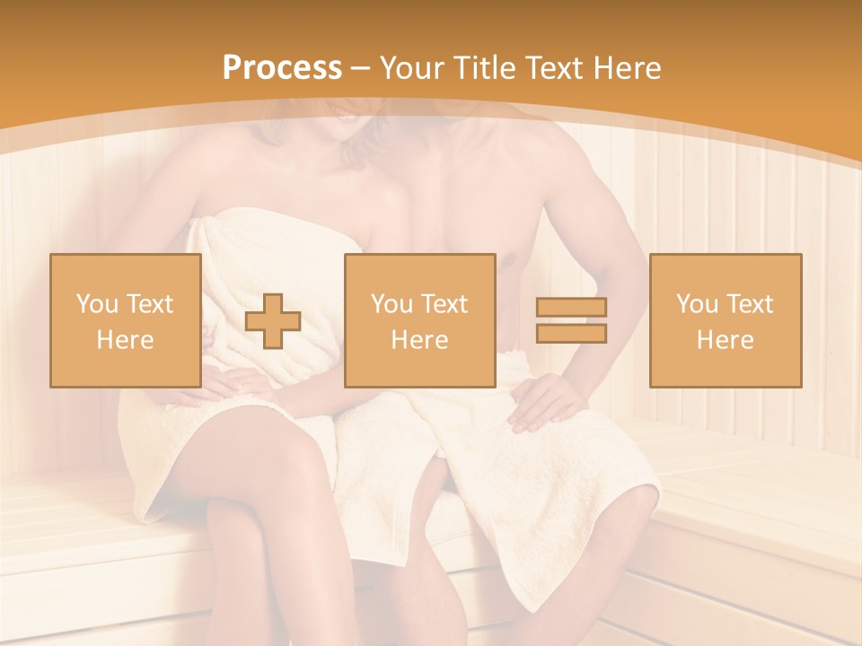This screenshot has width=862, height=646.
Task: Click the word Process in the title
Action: tap(282, 68)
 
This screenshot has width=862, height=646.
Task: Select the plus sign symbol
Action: tap(273, 321)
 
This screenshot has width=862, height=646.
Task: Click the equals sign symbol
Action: tap(571, 320)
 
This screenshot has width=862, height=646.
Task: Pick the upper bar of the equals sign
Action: tap(571, 308)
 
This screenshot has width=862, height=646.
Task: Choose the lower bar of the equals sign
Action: tap(571, 333)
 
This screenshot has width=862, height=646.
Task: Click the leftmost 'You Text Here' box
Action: tap(125, 320)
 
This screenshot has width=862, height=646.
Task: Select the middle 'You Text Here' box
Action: tap(419, 320)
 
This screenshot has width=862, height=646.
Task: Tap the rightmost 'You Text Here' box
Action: tap(725, 320)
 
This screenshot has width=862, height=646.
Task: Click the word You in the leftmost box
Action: tap(94, 304)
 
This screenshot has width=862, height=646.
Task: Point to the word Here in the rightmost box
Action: tap(725, 339)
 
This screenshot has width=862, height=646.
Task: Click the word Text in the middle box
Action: tap(444, 304)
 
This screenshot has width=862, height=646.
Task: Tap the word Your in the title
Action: tap(409, 68)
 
